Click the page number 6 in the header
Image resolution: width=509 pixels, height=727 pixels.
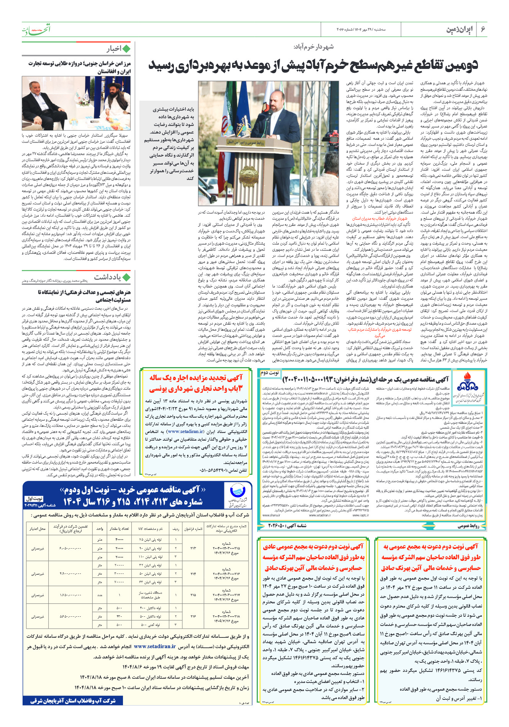click(x=483, y=29)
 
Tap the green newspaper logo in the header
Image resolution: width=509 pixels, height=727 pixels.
click(x=36, y=29)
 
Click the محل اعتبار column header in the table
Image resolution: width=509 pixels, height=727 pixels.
click(x=38, y=529)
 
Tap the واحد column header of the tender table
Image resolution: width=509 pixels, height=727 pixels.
click(x=100, y=529)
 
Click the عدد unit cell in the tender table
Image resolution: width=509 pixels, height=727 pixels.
click(x=100, y=595)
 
